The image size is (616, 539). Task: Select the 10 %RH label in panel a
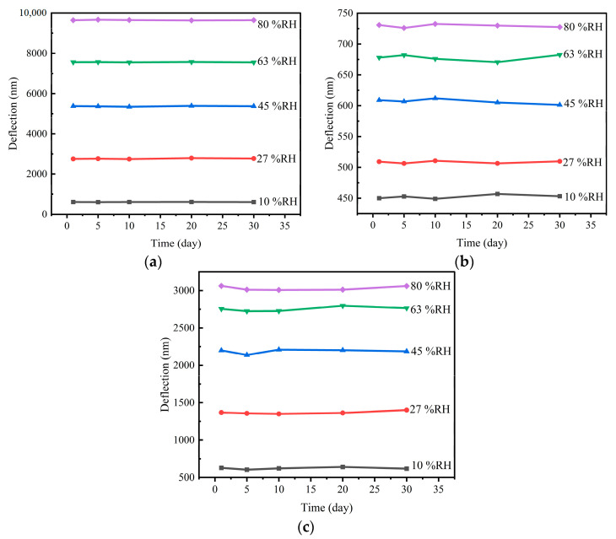[x=278, y=202]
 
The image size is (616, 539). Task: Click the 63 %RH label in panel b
[x=582, y=54]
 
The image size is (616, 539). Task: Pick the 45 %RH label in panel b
[x=582, y=104]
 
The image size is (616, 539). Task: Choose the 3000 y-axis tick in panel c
[x=188, y=291]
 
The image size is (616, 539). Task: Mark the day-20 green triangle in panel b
[x=497, y=62]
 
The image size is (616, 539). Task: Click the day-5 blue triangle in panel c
[x=246, y=354]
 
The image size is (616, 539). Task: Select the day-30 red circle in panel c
[x=406, y=410]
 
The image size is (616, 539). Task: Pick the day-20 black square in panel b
[x=497, y=194]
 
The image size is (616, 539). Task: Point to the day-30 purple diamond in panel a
[x=253, y=20]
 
